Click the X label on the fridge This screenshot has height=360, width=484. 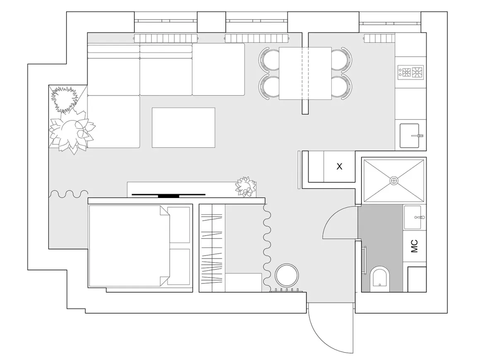click(x=339, y=167)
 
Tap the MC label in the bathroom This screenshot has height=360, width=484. click(x=414, y=246)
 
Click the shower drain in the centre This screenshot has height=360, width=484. click(x=394, y=180)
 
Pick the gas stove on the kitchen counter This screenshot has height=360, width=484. click(x=410, y=72)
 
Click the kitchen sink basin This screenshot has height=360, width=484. click(x=410, y=136)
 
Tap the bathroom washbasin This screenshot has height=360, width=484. click(x=413, y=217)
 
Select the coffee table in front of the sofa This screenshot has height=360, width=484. click(x=183, y=127)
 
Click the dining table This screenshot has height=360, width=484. click(x=305, y=74)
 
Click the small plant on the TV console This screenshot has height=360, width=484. click(x=245, y=187)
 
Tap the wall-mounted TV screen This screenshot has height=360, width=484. click(x=168, y=195)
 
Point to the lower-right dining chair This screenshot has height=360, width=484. click(x=342, y=87)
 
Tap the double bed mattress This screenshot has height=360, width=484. click(x=129, y=246)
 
